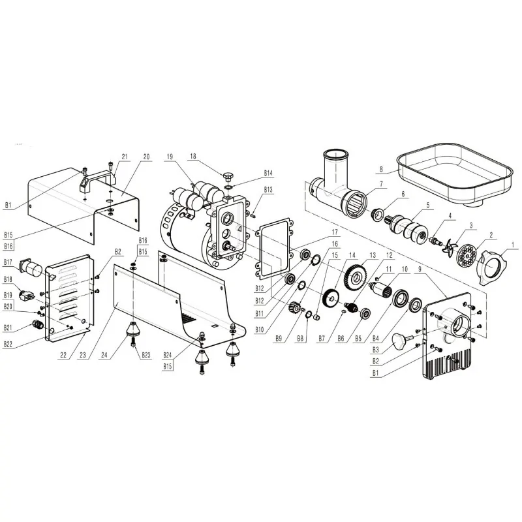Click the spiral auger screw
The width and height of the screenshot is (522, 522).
(x=407, y=228)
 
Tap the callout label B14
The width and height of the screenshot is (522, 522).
(x=268, y=173)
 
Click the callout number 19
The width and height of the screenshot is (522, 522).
(x=170, y=157)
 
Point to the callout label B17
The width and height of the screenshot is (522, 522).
(x=8, y=263)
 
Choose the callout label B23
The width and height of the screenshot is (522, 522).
(x=146, y=355)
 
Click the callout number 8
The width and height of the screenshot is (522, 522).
(x=381, y=169)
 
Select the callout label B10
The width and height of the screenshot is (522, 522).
(x=260, y=330)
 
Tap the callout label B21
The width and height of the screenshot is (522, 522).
(x=8, y=328)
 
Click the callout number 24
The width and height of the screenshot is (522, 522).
(x=104, y=355)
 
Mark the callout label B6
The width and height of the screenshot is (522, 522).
(x=341, y=339)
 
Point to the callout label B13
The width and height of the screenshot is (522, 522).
(x=268, y=189)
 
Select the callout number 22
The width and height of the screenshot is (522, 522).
(x=63, y=355)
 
